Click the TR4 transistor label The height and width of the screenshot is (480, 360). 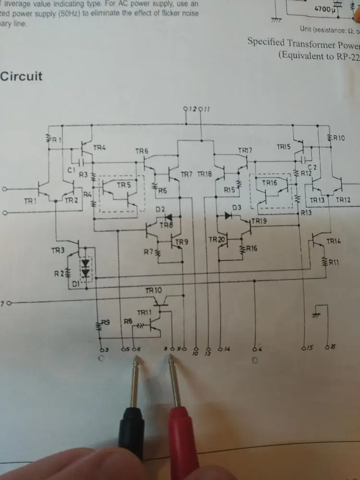click(100, 148)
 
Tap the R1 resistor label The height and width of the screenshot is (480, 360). click(57, 140)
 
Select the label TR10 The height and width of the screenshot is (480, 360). click(154, 290)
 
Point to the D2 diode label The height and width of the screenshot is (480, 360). click(160, 209)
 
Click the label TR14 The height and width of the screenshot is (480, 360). click(333, 241)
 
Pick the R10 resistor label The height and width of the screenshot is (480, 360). click(338, 138)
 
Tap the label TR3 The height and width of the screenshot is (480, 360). click(58, 250)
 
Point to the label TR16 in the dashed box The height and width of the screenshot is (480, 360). click(269, 182)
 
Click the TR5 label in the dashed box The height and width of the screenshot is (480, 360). click(123, 185)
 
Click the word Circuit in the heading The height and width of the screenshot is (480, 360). click(22, 76)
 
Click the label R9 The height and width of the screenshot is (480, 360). click(106, 323)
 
